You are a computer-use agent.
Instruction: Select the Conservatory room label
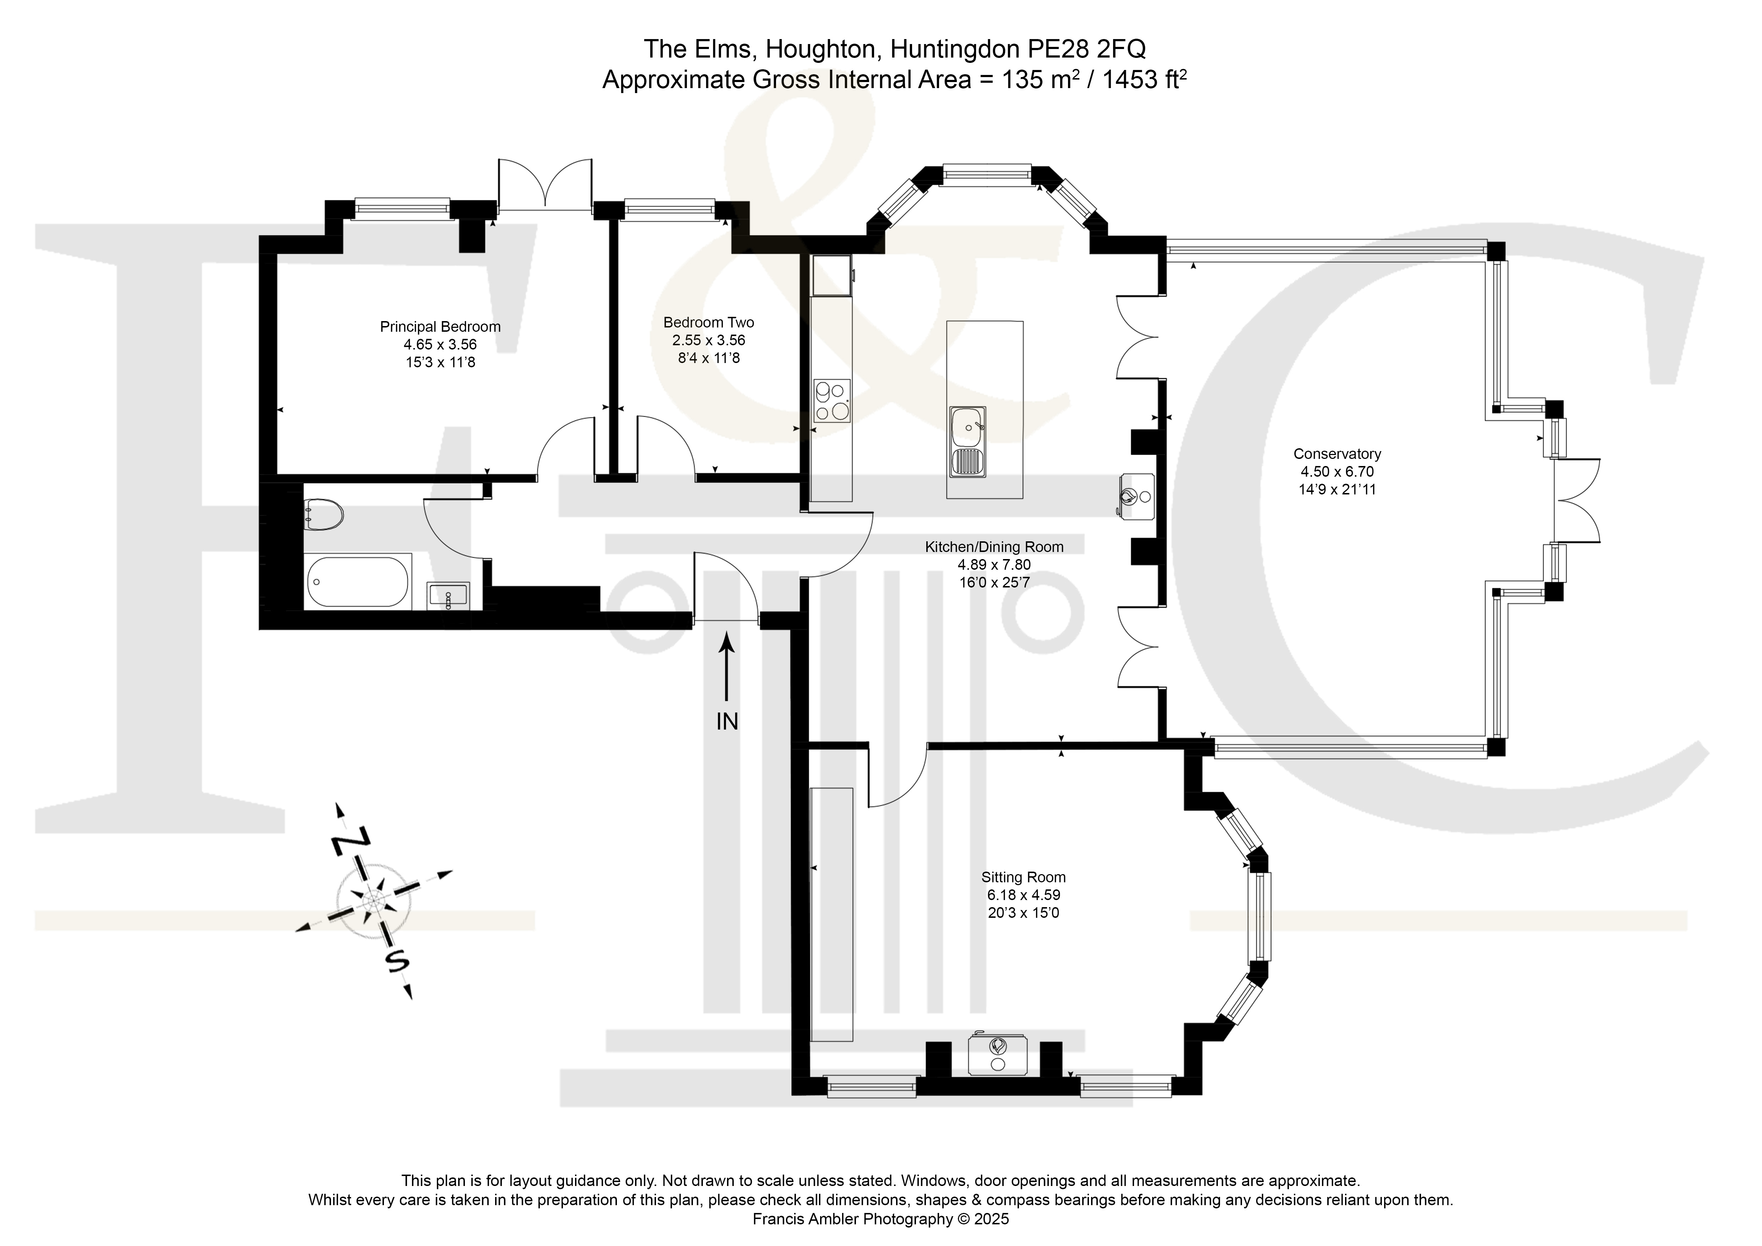1337,454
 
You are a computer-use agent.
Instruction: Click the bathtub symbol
358,581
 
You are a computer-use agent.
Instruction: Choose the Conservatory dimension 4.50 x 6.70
1337,472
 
